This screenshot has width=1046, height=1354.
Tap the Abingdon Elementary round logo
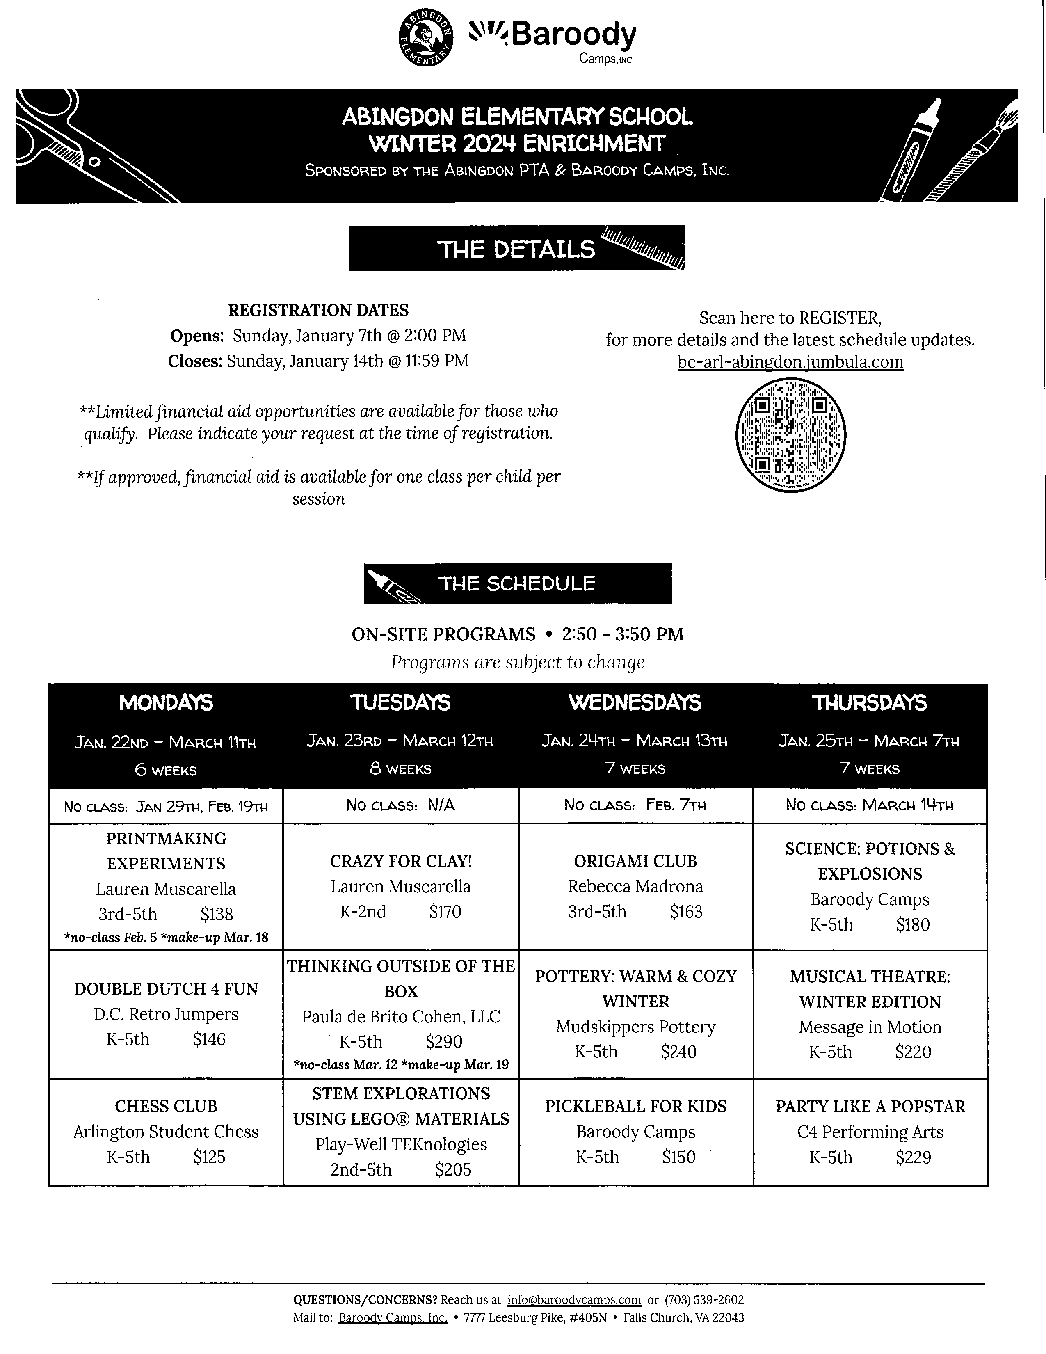click(x=425, y=37)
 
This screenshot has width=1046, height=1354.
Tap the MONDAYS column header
click(x=166, y=702)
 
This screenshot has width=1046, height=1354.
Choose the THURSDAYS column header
click(x=869, y=702)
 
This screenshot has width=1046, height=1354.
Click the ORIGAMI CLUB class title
click(x=635, y=861)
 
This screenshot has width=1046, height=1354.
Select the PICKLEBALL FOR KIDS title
click(x=635, y=1107)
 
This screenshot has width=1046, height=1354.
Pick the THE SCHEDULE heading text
click(x=517, y=583)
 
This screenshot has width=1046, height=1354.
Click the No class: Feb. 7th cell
click(x=635, y=805)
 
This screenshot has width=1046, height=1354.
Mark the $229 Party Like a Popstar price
click(x=913, y=1157)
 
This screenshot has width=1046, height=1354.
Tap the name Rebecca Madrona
click(x=635, y=887)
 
